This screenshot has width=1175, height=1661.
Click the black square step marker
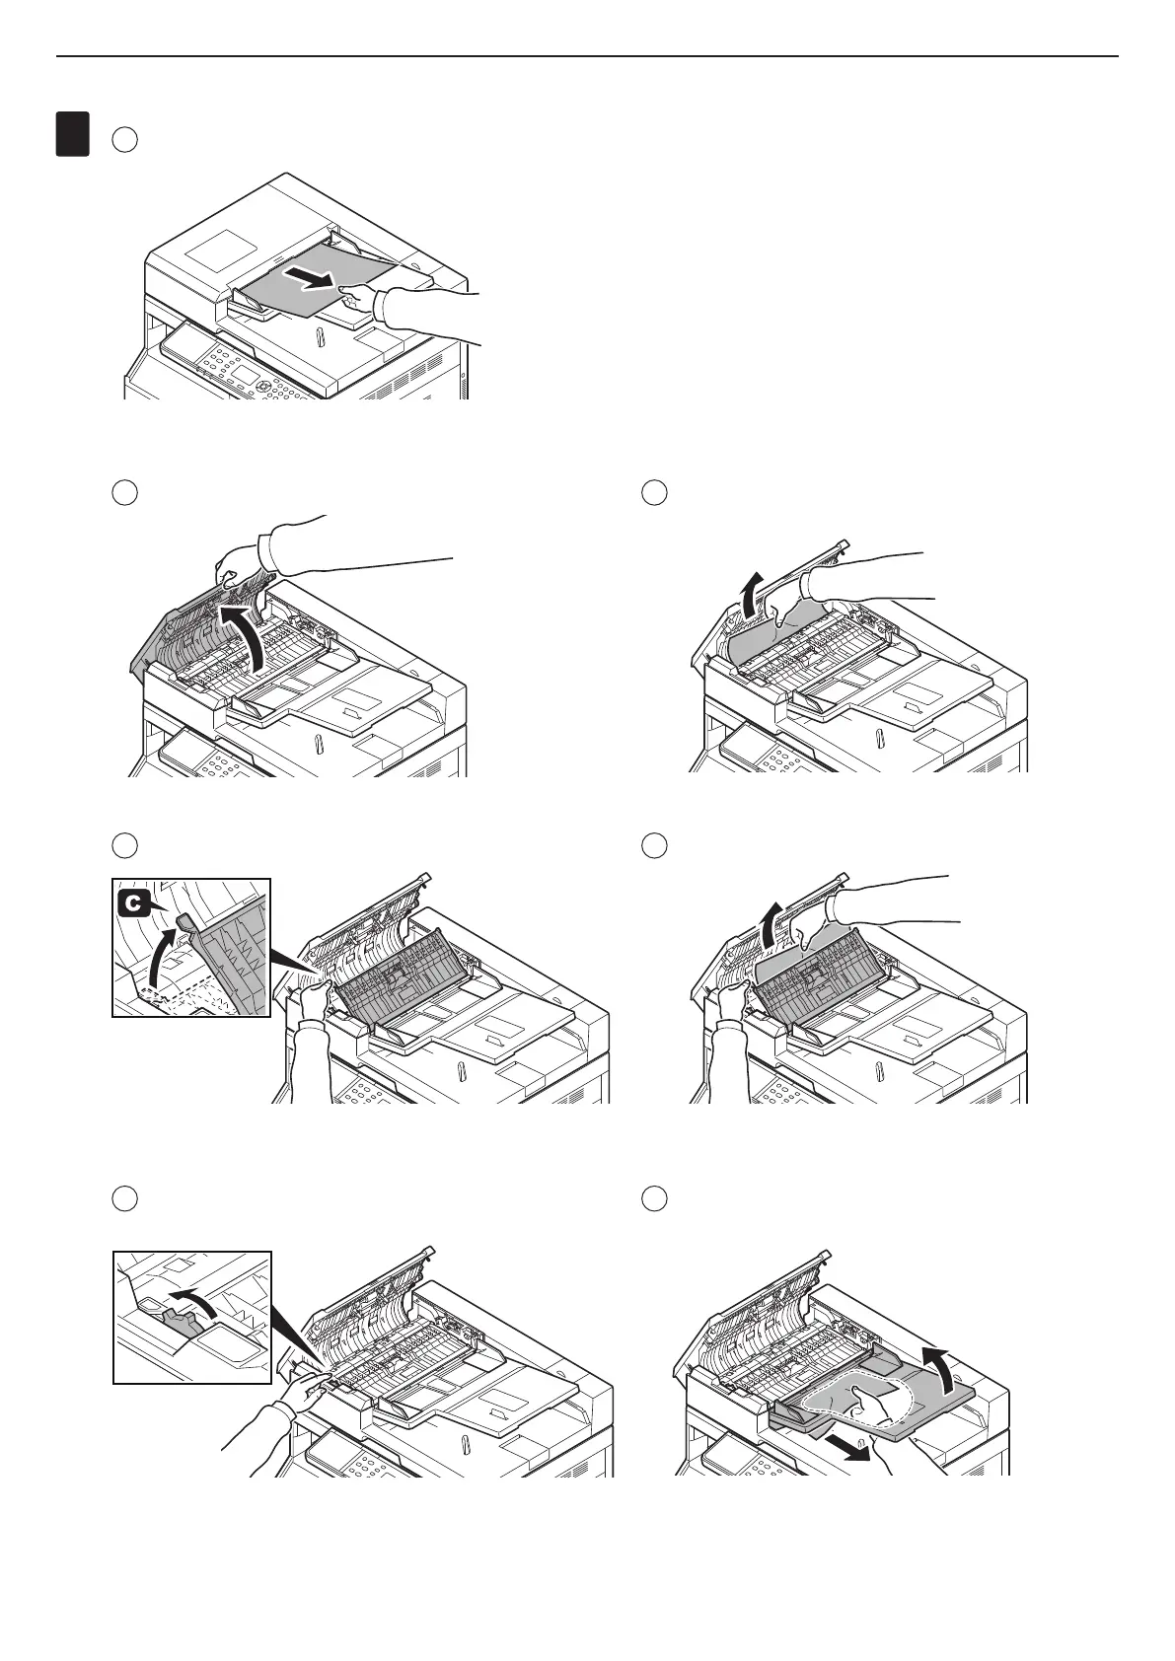[72, 134]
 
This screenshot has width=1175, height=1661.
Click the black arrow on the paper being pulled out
[307, 280]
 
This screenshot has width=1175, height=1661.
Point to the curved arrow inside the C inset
[161, 951]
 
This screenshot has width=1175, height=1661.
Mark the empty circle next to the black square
[123, 139]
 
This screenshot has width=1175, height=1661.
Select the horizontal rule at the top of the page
[587, 56]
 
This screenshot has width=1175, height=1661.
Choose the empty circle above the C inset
[123, 845]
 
